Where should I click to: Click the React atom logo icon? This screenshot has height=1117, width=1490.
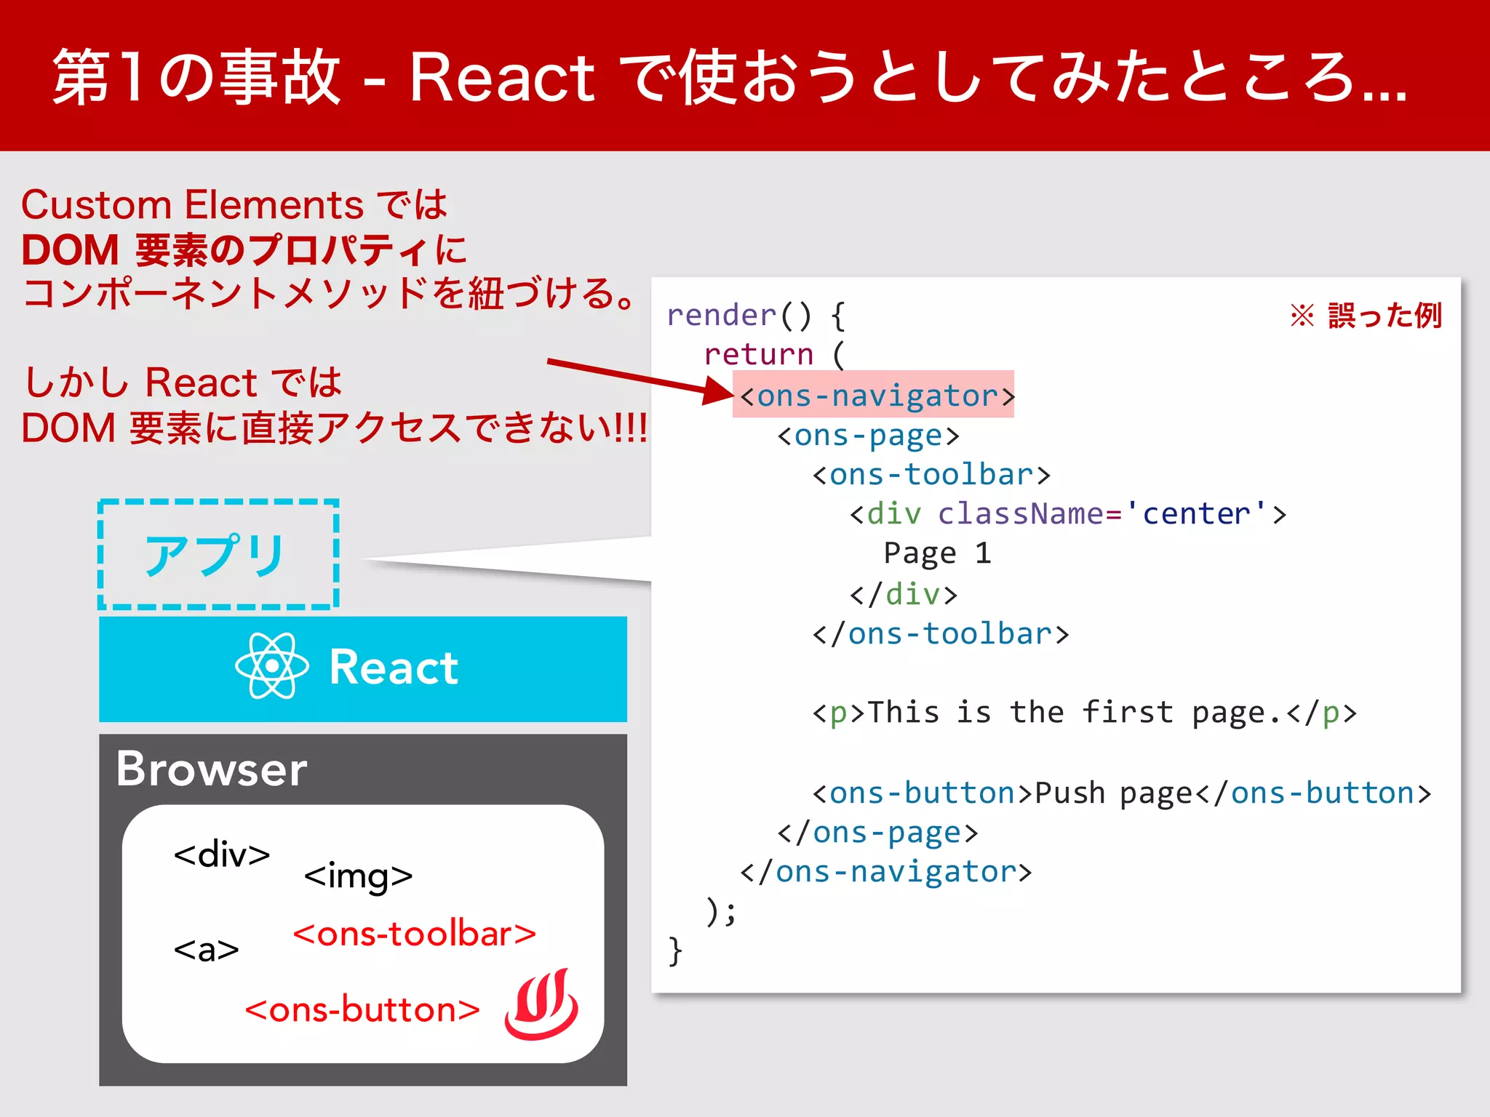click(x=271, y=666)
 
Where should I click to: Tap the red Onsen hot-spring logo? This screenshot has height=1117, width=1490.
click(x=541, y=1005)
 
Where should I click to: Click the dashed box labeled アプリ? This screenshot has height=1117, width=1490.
click(x=218, y=554)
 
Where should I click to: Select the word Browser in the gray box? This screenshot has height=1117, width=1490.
click(x=212, y=769)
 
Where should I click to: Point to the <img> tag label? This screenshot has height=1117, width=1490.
click(x=358, y=876)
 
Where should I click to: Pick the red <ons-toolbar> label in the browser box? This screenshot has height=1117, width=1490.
click(x=414, y=934)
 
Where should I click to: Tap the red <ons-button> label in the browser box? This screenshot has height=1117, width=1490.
click(x=362, y=1010)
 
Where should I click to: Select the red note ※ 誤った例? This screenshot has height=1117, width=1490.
click(x=1366, y=316)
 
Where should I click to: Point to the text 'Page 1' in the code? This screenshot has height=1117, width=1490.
click(x=937, y=554)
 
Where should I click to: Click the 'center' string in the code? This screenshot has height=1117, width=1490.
click(x=1197, y=514)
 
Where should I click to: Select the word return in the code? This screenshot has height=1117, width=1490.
click(x=758, y=355)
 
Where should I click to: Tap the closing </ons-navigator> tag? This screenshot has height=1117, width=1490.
click(x=885, y=872)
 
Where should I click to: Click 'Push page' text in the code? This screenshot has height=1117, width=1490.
click(x=1113, y=793)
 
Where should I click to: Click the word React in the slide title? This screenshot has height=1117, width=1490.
click(x=502, y=79)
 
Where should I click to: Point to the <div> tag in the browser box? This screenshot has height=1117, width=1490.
click(x=222, y=854)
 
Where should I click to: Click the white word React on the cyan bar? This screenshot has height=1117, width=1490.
click(x=394, y=668)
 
